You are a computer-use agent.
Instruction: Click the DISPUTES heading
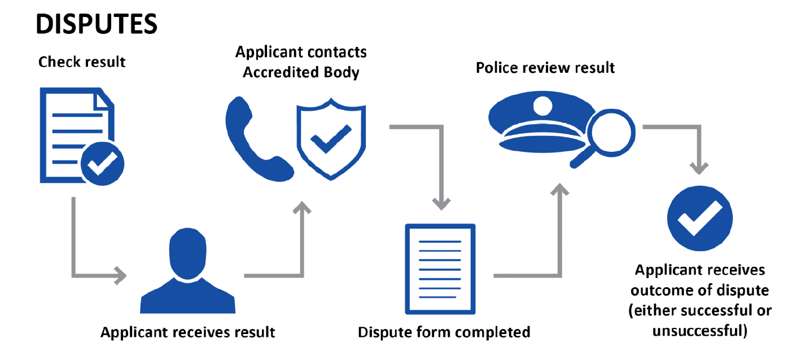click(96, 24)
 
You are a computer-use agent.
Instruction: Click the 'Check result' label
click(82, 62)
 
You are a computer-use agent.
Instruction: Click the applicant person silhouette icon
click(188, 271)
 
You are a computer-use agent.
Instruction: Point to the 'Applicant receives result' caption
click(188, 332)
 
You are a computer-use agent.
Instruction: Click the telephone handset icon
click(254, 138)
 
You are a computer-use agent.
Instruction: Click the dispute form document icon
click(440, 269)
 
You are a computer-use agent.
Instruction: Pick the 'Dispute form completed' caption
click(444, 332)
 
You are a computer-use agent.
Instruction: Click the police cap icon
click(536, 124)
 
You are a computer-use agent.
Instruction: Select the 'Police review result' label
click(545, 68)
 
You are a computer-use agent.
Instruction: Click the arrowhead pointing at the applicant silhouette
click(121, 276)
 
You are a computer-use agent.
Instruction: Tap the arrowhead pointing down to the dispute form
click(441, 201)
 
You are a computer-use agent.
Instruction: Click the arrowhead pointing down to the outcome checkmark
click(700, 168)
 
